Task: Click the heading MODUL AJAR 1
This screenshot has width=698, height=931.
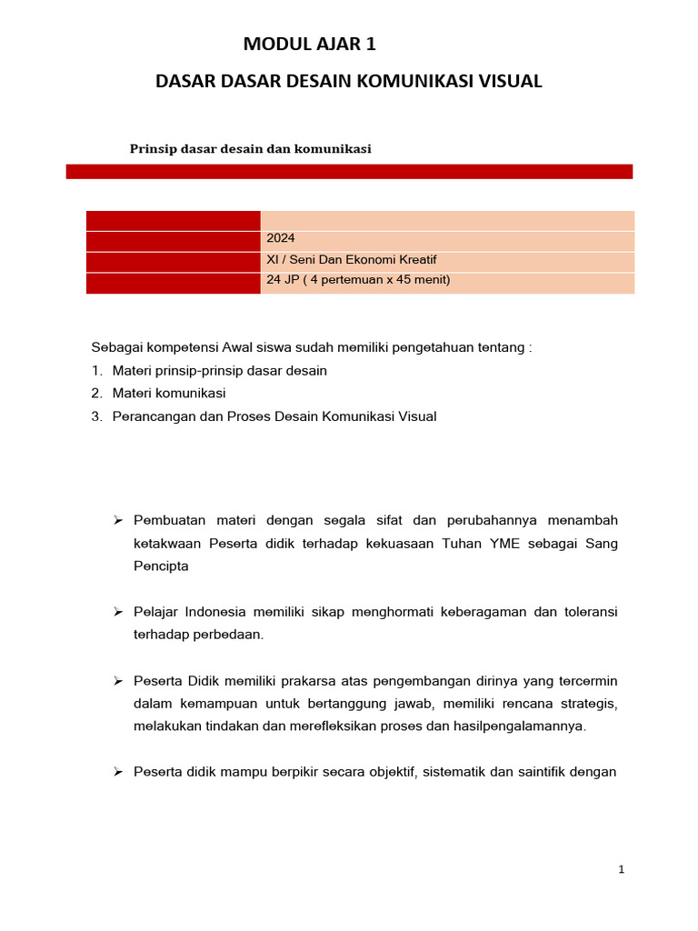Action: [x=309, y=45]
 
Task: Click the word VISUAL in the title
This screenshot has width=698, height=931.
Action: [x=508, y=81]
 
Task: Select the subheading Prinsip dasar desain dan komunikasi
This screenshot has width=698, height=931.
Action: [x=251, y=149]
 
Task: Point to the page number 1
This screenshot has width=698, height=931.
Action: [x=622, y=869]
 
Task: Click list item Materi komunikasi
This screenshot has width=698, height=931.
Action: [x=169, y=394]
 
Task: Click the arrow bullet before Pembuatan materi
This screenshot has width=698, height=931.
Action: [x=117, y=520]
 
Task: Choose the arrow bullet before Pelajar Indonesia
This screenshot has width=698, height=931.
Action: [x=117, y=612]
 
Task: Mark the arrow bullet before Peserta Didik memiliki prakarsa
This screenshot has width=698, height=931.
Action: [x=117, y=681]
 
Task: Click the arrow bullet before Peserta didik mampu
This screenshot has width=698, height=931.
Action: [x=117, y=772]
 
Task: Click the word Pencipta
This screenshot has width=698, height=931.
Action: [x=162, y=566]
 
